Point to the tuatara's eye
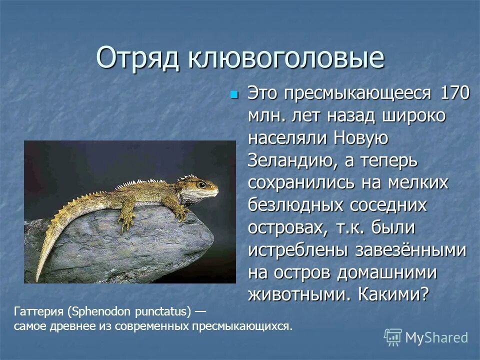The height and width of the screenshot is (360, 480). click(x=201, y=185)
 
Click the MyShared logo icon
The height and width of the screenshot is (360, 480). click(x=393, y=337)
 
